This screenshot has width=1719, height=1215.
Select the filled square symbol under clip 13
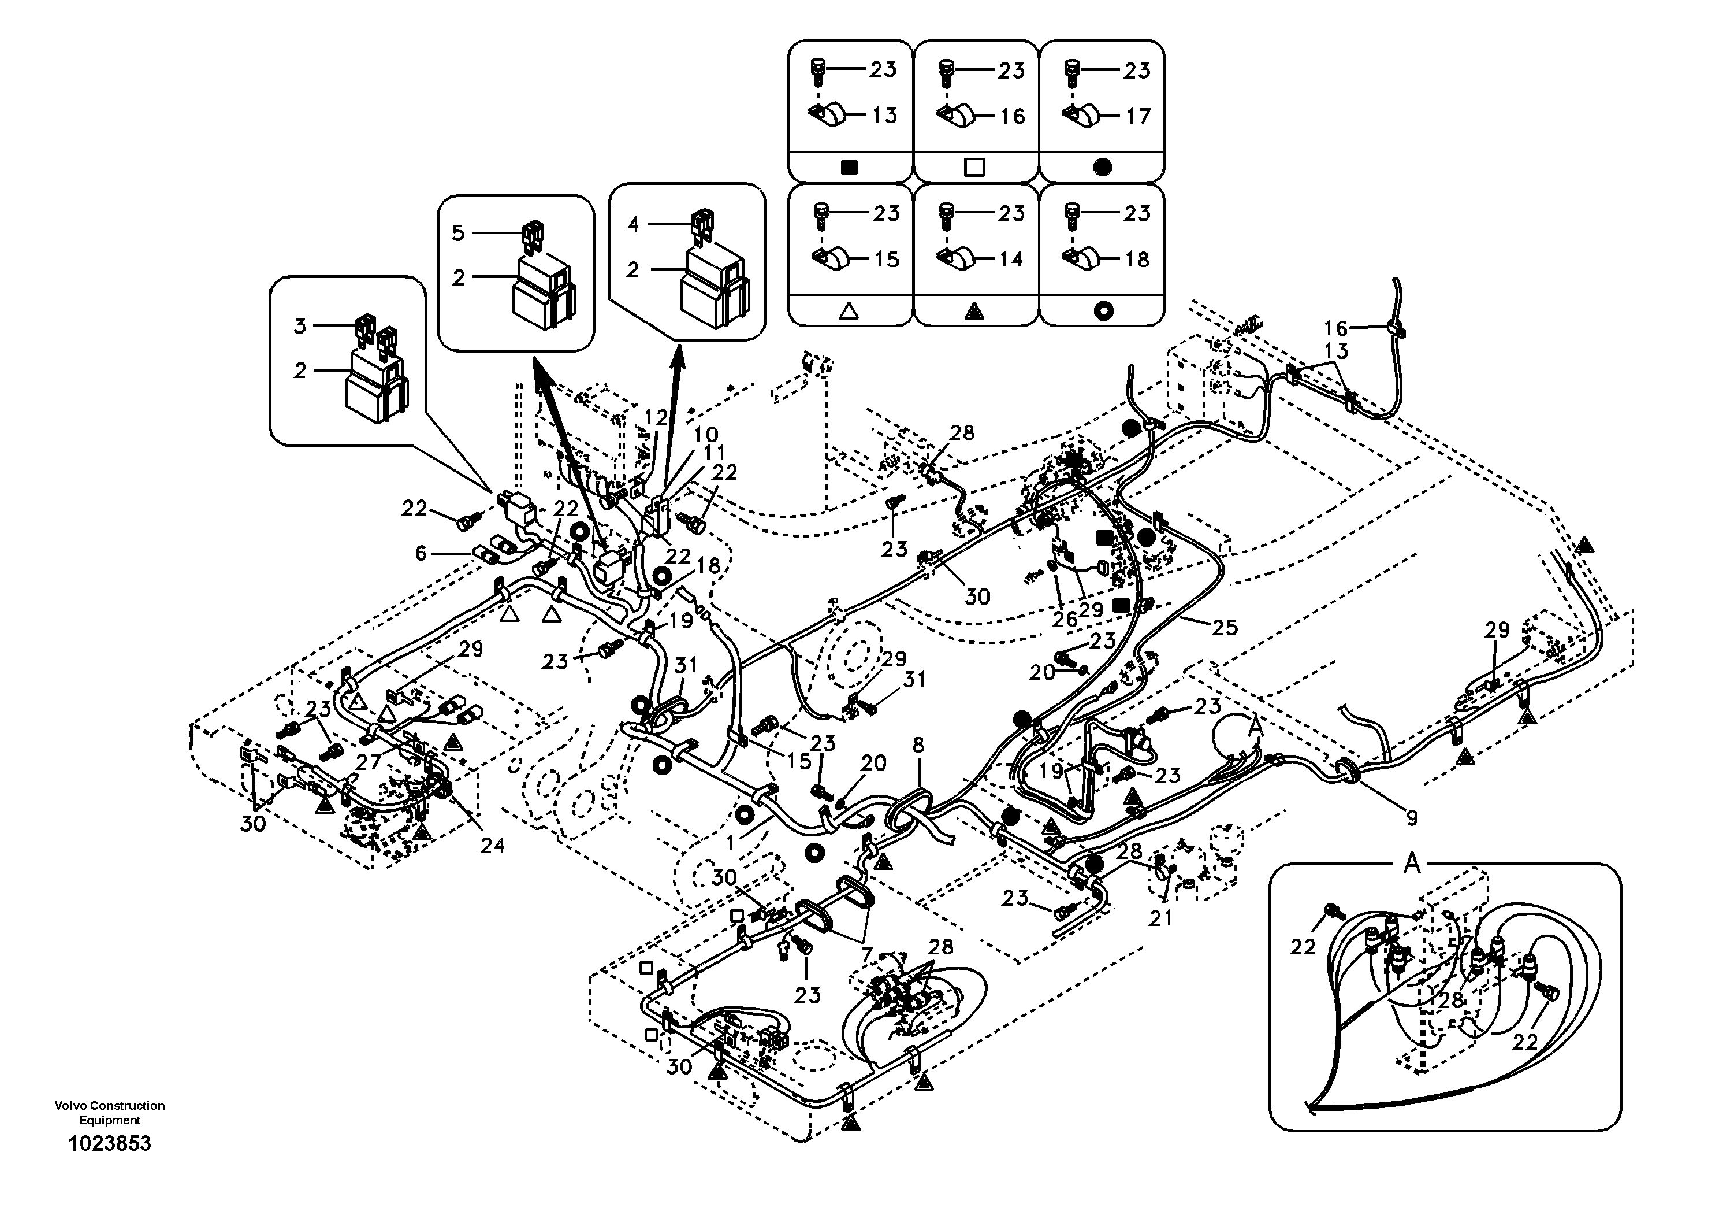click(x=849, y=168)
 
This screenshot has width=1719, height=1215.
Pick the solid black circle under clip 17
click(x=1102, y=168)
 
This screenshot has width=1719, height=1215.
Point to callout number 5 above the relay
click(x=457, y=233)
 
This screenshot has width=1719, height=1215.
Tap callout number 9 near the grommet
click(x=1412, y=818)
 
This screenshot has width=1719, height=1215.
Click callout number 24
click(x=492, y=846)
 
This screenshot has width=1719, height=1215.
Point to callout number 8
click(x=918, y=744)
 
